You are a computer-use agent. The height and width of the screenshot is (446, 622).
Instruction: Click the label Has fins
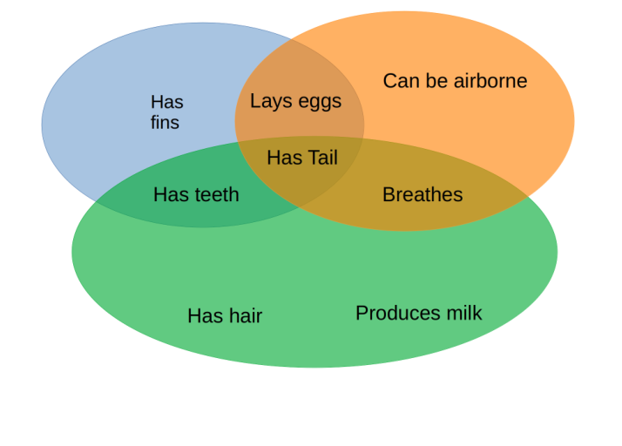tap(166, 112)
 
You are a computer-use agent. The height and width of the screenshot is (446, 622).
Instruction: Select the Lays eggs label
tap(295, 101)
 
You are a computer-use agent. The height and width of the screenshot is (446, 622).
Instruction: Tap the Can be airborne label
tap(455, 81)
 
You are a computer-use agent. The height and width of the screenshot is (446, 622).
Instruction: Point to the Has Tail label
tap(302, 158)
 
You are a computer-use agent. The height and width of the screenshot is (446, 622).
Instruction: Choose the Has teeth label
tap(196, 194)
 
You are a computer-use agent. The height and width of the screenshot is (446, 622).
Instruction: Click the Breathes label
tap(423, 194)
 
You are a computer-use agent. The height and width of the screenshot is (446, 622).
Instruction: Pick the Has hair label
tap(225, 315)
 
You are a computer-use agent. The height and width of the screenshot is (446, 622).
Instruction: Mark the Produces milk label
tap(418, 313)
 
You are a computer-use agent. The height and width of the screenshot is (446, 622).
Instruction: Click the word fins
tap(165, 122)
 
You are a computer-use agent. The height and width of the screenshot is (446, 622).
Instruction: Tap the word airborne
tap(489, 81)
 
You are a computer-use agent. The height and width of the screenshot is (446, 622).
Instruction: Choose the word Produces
tap(396, 313)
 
